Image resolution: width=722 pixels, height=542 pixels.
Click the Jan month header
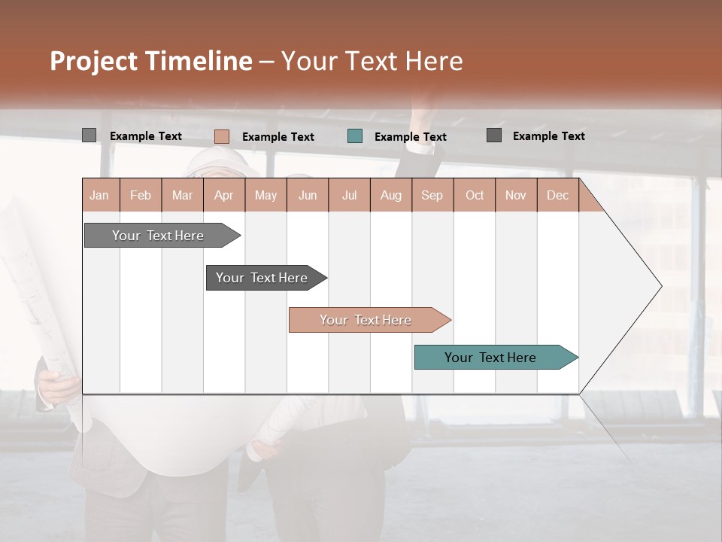[99, 195]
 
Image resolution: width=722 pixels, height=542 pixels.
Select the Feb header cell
[141, 195]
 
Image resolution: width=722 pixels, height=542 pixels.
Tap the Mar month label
[182, 195]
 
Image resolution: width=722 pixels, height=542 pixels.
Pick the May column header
[265, 195]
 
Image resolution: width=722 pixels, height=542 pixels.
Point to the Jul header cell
[349, 195]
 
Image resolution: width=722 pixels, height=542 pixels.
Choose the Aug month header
[390, 195]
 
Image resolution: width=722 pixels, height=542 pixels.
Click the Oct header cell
[475, 195]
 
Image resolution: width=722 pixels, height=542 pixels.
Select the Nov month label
[516, 195]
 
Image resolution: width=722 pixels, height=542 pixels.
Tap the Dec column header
[557, 195]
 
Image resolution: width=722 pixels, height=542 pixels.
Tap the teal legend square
[355, 136]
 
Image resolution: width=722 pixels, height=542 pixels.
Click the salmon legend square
[222, 136]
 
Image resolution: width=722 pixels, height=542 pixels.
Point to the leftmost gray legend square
[89, 135]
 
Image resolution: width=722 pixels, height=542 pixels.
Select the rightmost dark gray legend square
[494, 135]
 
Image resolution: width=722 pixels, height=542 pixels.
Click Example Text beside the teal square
[411, 137]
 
